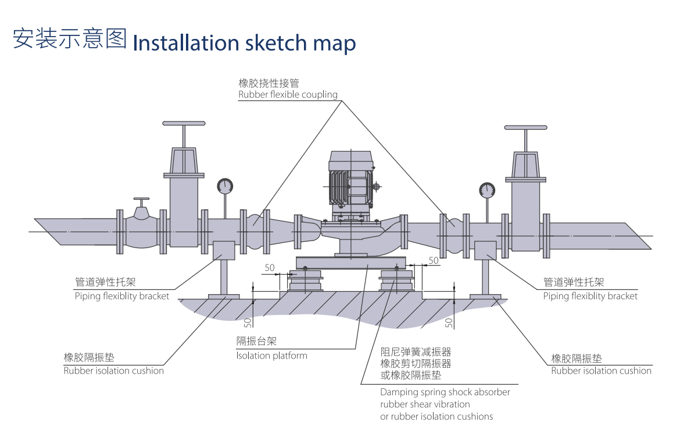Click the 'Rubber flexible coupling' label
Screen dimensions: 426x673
pyautogui.click(x=288, y=95)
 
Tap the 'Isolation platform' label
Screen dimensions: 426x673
pyautogui.click(x=271, y=356)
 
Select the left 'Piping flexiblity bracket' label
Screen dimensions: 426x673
pyautogui.click(x=122, y=296)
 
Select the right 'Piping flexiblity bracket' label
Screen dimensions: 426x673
pyautogui.click(x=590, y=296)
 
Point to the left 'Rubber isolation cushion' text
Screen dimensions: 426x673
pyautogui.click(x=113, y=371)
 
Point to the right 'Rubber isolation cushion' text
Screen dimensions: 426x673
pyautogui.click(x=601, y=371)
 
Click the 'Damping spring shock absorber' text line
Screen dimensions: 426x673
pyautogui.click(x=445, y=392)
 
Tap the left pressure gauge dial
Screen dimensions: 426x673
pyautogui.click(x=225, y=186)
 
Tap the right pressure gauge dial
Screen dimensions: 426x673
pyautogui.click(x=487, y=190)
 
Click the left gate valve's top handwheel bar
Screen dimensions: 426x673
pyautogui.click(x=184, y=123)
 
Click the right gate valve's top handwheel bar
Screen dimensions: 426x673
pyautogui.click(x=525, y=127)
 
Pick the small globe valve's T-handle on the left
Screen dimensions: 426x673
pyautogui.click(x=141, y=199)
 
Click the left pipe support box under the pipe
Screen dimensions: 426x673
pyautogui.click(x=224, y=250)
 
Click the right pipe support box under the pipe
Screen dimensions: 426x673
pyautogui.click(x=485, y=250)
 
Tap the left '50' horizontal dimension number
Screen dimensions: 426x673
pyautogui.click(x=270, y=268)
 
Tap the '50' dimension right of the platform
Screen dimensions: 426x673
pyautogui.click(x=434, y=260)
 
